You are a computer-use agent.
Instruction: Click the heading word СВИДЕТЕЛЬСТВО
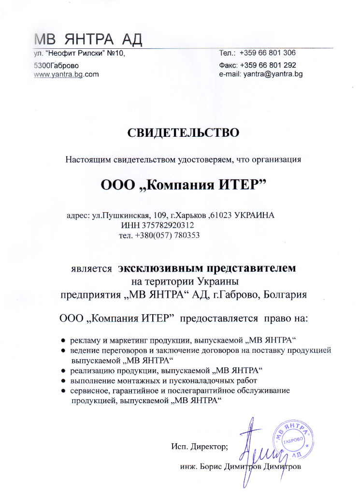click(x=183, y=132)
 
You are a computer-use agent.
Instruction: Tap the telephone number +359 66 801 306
click(x=265, y=53)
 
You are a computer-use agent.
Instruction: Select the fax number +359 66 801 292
click(x=265, y=65)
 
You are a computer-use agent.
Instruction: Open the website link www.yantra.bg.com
click(x=66, y=74)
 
